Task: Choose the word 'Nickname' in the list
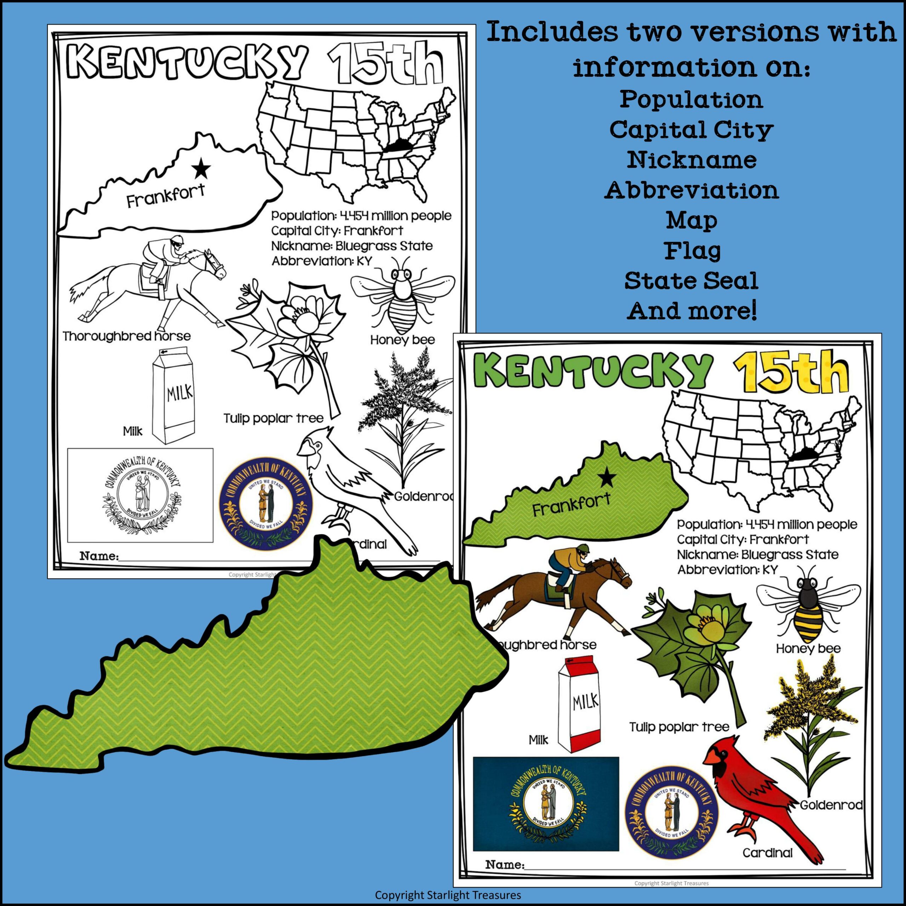coord(692,160)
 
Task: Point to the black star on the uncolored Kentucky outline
coord(202,168)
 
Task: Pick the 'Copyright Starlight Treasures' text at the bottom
coord(448,895)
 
